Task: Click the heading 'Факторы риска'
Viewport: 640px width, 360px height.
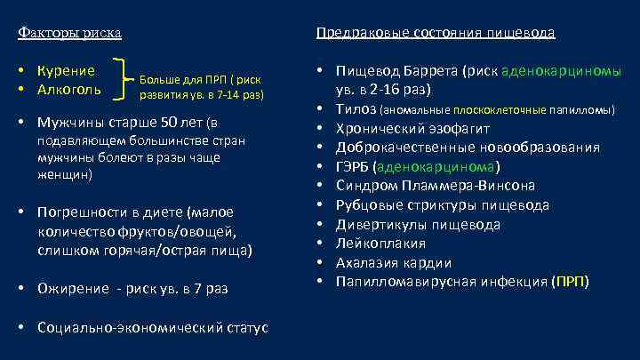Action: pyautogui.click(x=70, y=33)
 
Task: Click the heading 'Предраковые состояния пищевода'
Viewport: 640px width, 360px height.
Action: pyautogui.click(x=436, y=33)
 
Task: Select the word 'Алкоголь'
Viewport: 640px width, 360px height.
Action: pyautogui.click(x=68, y=89)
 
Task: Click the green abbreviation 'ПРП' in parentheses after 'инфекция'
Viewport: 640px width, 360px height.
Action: pyautogui.click(x=569, y=284)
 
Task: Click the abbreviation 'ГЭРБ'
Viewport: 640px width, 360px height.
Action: pyautogui.click(x=353, y=167)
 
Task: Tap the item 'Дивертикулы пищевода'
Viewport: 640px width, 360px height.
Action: pyautogui.click(x=418, y=225)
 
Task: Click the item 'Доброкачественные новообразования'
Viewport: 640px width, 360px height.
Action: pyautogui.click(x=457, y=148)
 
